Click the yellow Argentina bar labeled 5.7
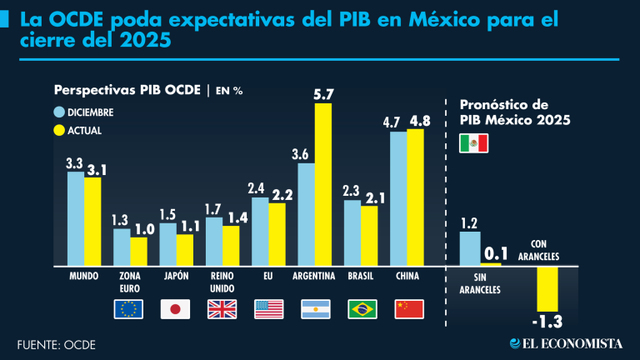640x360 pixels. [x=322, y=183]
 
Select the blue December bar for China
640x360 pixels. [x=398, y=197]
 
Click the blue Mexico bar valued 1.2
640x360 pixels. [x=471, y=247]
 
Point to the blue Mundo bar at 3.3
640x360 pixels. [x=75, y=217]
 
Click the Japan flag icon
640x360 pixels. [x=175, y=309]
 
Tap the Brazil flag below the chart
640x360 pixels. [x=362, y=309]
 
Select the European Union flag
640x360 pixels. [x=129, y=309]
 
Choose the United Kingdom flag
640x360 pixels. [x=222, y=309]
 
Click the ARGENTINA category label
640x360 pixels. [x=314, y=276]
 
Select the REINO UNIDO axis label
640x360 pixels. [x=222, y=282]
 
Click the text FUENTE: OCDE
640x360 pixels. [x=56, y=344]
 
